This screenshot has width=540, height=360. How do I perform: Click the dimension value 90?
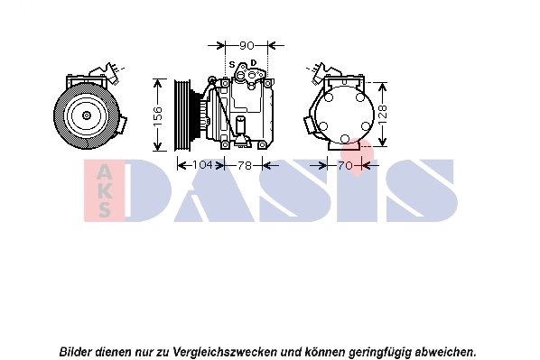pos(247,45)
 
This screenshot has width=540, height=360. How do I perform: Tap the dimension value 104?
pos(202,165)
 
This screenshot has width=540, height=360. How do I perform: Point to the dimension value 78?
pos(245,165)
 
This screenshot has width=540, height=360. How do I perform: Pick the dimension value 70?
pos(345,165)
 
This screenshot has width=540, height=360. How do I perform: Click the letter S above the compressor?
pos(232,64)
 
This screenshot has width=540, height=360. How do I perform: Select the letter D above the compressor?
pos(254,62)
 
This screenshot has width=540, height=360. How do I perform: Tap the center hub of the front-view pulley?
pos(86,115)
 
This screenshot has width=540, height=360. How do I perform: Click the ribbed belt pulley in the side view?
pos(182,115)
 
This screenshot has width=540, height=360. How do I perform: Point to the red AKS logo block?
pos(104,190)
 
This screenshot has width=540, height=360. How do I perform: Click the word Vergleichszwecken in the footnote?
pos(225,352)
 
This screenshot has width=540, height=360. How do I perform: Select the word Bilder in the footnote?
pos(76,352)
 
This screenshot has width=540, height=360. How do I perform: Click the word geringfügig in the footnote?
pos(380,353)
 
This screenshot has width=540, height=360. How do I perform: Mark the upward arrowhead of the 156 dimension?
pos(157,83)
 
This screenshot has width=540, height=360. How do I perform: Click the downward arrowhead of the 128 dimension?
pos(382,142)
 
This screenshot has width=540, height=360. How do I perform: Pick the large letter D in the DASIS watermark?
pos(148,190)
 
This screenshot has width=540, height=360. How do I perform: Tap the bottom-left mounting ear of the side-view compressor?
pos(225,145)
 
